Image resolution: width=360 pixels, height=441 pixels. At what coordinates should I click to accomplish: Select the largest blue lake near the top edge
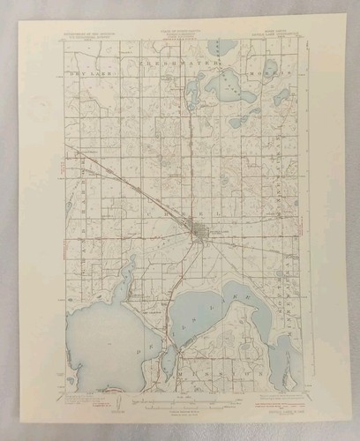(x=227, y=87)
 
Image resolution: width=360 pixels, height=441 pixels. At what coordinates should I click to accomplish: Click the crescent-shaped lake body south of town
(x=212, y=313)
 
